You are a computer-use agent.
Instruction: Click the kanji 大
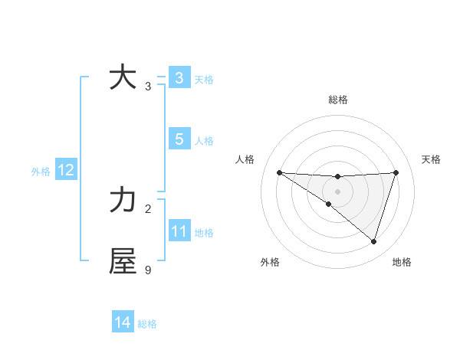[123, 77]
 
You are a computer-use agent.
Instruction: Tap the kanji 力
[123, 200]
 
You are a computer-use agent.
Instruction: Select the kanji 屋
[123, 261]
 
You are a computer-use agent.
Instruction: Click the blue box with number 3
[179, 77]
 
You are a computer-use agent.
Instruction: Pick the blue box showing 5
[179, 139]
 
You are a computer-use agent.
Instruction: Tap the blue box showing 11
[179, 231]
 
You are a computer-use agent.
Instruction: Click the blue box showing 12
[65, 170]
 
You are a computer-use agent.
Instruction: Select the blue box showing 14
[122, 323]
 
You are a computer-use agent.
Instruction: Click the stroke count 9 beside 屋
[148, 270]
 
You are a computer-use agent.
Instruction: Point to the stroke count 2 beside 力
[148, 208]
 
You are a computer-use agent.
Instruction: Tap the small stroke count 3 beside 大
[148, 86]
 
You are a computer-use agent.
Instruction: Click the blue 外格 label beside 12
[41, 172]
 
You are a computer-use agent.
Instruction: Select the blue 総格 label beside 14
[147, 324]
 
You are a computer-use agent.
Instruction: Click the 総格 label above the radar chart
[337, 100]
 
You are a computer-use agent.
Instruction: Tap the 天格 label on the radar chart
[432, 159]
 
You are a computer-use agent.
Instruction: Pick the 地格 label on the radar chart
[402, 262]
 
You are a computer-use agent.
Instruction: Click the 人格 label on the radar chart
[245, 159]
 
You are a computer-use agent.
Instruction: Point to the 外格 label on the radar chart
[270, 262]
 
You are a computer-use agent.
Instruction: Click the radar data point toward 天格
[396, 172]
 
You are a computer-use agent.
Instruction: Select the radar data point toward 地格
[373, 241]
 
